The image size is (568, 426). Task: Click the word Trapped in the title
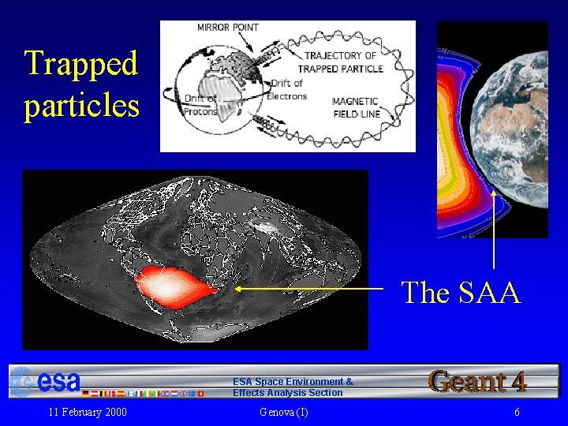click(x=80, y=63)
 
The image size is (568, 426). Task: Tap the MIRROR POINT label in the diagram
click(x=227, y=28)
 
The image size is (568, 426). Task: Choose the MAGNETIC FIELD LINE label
click(x=355, y=107)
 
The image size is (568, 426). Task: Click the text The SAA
click(x=461, y=293)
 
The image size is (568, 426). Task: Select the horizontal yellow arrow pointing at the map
click(x=308, y=290)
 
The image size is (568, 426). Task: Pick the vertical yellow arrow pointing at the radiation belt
click(x=494, y=229)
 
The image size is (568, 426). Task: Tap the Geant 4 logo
click(x=477, y=381)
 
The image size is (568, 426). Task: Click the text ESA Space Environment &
click(x=293, y=382)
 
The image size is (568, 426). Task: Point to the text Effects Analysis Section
click(x=288, y=393)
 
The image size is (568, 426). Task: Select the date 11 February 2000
click(x=88, y=413)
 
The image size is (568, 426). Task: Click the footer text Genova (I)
click(x=283, y=413)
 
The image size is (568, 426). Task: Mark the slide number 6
click(x=517, y=413)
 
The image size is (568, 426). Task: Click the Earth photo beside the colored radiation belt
click(x=517, y=126)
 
